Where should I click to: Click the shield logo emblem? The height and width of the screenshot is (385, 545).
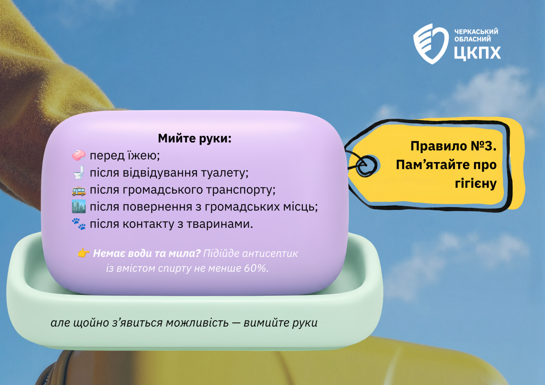pyautogui.click(x=431, y=44)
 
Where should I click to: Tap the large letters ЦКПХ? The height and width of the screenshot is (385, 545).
pyautogui.click(x=477, y=53)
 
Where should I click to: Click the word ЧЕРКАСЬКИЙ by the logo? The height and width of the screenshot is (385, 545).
pyautogui.click(x=476, y=31)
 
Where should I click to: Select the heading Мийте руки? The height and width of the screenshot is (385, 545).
pyautogui.click(x=194, y=139)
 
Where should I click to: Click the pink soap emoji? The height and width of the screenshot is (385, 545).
pyautogui.click(x=79, y=156)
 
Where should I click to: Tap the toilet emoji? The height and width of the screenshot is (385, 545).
pyautogui.click(x=79, y=173)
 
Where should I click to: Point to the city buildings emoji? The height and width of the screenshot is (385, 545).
pyautogui.click(x=79, y=207)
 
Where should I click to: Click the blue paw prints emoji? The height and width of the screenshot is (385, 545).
pyautogui.click(x=79, y=224)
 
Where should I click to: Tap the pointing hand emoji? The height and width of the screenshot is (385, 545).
pyautogui.click(x=83, y=253)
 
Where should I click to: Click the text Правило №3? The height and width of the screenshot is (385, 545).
pyautogui.click(x=453, y=146)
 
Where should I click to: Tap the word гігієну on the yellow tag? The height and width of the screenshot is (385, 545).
pyautogui.click(x=476, y=183)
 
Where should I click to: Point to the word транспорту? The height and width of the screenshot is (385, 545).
pyautogui.click(x=241, y=190)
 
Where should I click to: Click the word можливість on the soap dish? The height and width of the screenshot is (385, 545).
pyautogui.click(x=197, y=323)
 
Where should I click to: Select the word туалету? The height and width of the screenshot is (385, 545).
pyautogui.click(x=225, y=173)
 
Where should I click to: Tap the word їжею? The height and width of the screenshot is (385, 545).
pyautogui.click(x=142, y=156)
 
